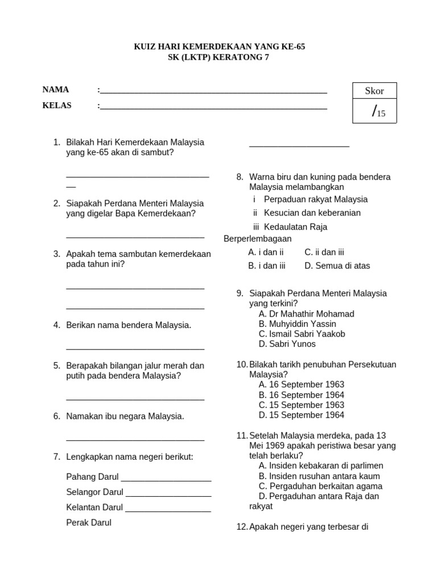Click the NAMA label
pos(56,90)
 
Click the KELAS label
pos(57,106)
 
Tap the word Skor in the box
pos(374,91)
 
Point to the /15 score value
pos(378,112)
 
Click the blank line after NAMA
pos(213,92)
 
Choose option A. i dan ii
pos(266,252)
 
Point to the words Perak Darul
pos(89,523)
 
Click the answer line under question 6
pos(135,439)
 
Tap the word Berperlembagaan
pos(258,239)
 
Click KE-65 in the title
pos(291,47)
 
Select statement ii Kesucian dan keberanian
pos(307,213)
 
